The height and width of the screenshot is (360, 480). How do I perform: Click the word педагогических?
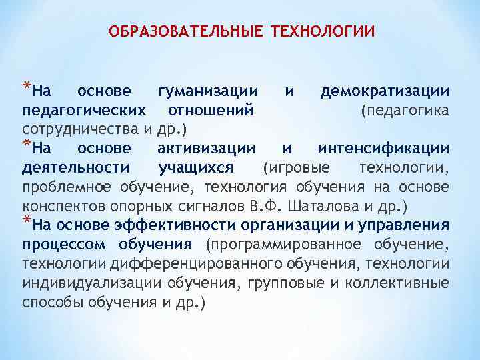[x=84, y=109]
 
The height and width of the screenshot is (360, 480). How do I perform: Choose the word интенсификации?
[x=383, y=147]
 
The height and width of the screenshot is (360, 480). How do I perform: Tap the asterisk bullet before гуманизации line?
[x=26, y=86]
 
